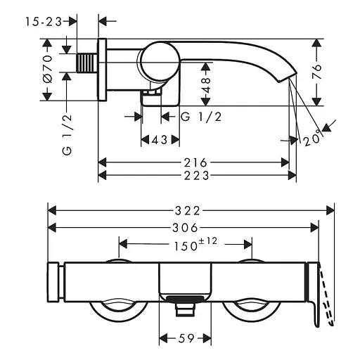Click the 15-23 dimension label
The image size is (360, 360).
click(x=44, y=22)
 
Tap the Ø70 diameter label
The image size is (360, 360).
click(x=48, y=70)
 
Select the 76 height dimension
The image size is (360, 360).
click(x=316, y=72)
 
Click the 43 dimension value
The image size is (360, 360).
click(x=160, y=140)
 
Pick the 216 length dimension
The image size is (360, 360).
click(x=195, y=162)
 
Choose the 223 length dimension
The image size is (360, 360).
click(x=196, y=176)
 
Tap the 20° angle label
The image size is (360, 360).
click(x=312, y=138)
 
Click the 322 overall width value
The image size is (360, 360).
click(x=188, y=211)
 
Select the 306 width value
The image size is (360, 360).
click(x=185, y=228)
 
